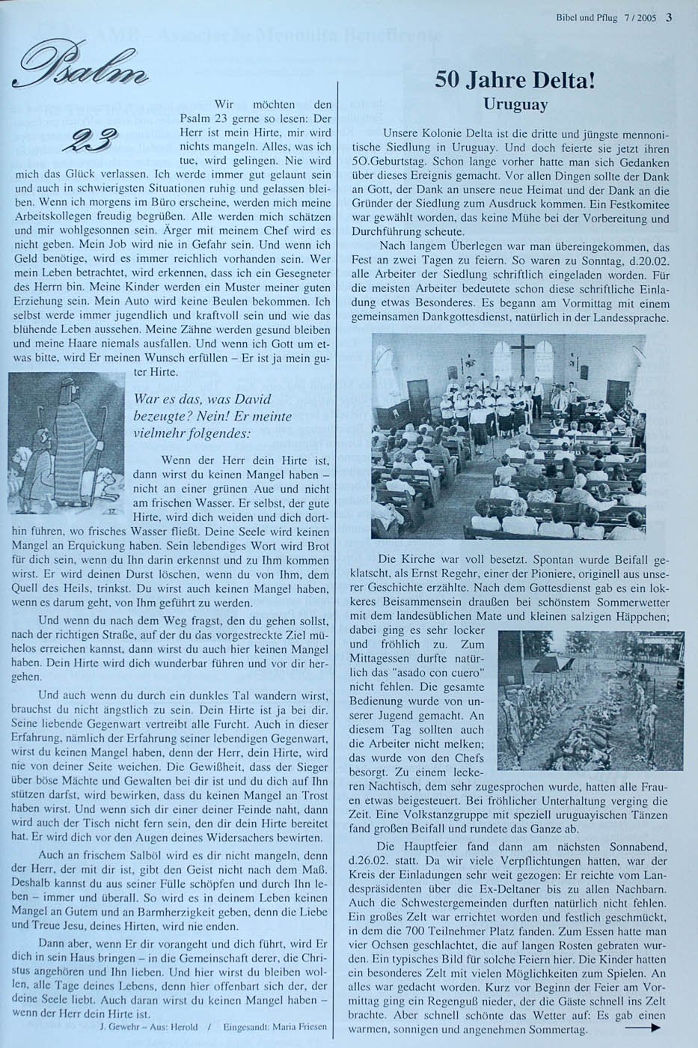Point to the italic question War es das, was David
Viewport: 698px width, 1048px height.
click(201, 400)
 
